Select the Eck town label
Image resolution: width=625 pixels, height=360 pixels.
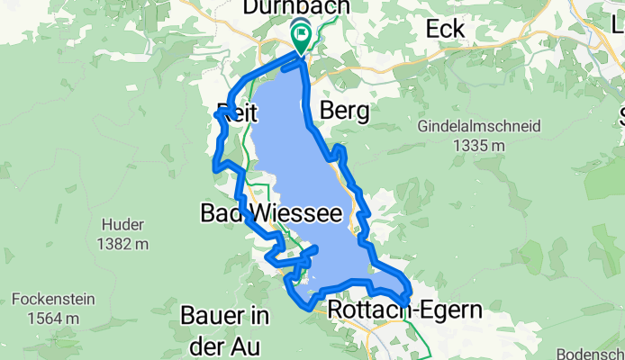pyautogui.click(x=445, y=29)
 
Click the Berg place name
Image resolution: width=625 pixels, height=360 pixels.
pyautogui.click(x=345, y=112)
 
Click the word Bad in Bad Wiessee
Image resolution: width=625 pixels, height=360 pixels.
pyautogui.click(x=220, y=214)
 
